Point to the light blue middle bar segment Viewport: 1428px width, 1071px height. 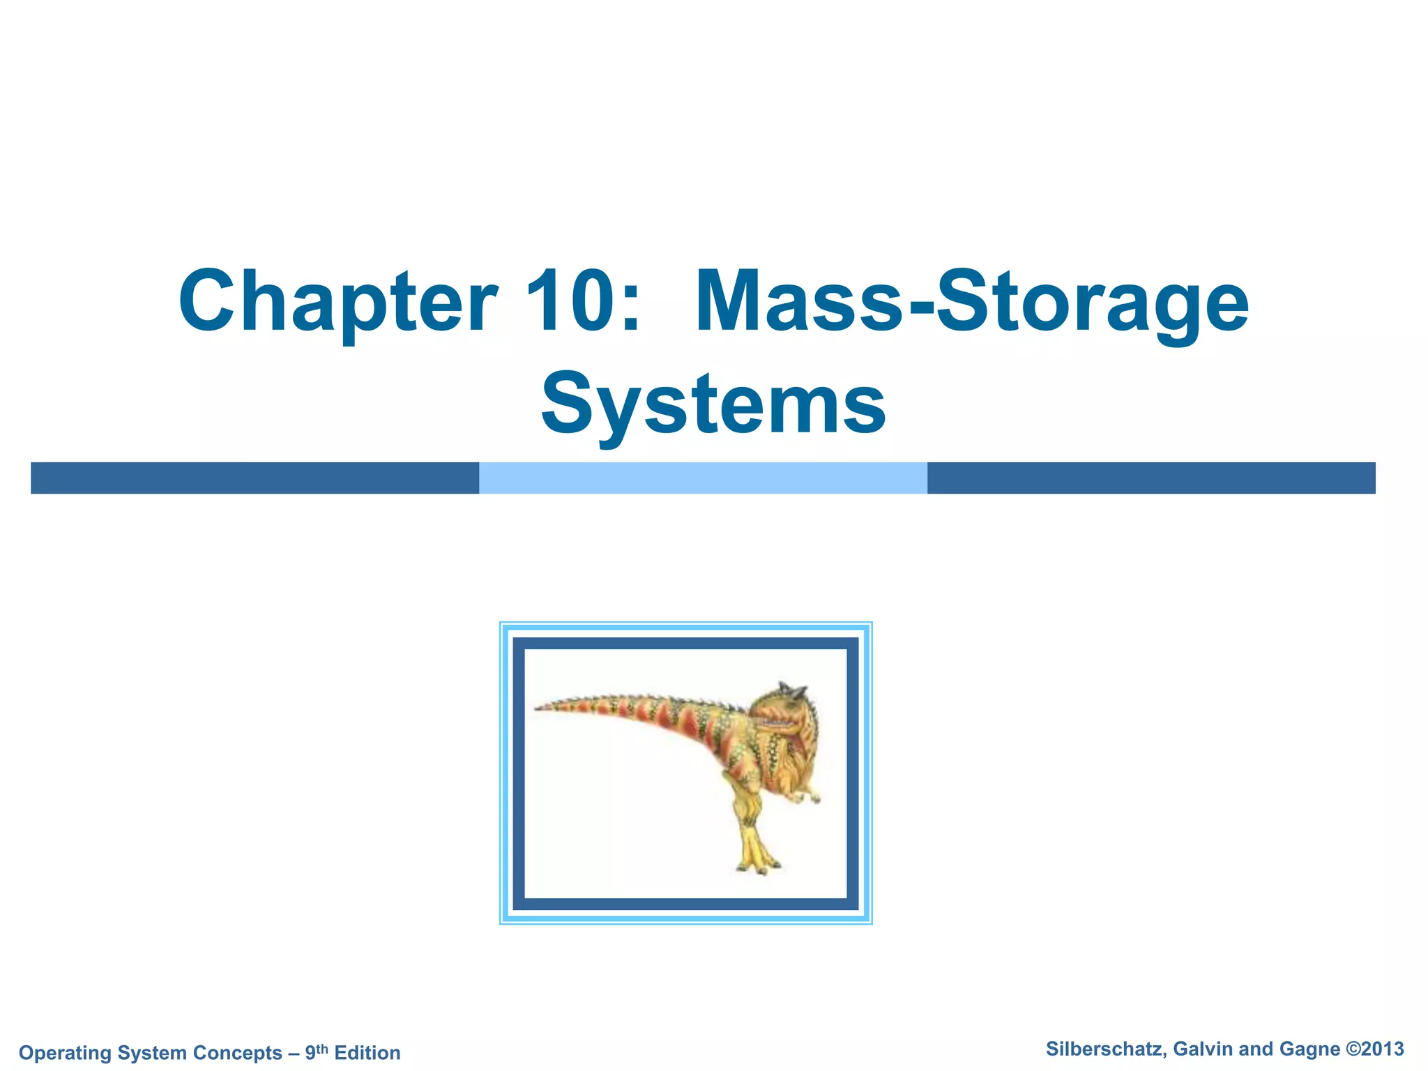tap(703, 478)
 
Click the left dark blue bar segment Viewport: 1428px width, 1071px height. tap(255, 478)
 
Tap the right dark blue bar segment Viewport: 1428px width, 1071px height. tap(1151, 478)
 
